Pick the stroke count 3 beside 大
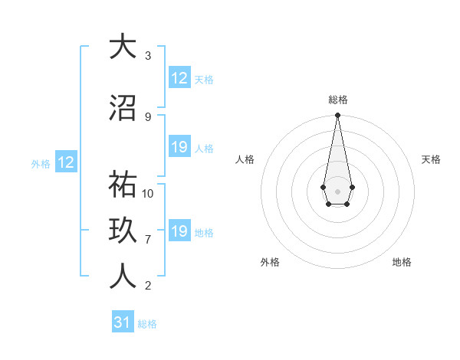point(148,56)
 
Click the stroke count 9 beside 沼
point(148,117)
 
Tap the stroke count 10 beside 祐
point(148,193)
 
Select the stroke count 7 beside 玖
point(148,240)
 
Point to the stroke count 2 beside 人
point(148,286)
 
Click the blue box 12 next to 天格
point(179,78)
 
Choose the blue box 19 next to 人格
point(179,148)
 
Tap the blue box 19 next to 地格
point(179,232)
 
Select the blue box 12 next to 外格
point(65,162)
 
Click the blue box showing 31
point(123,322)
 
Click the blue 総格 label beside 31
point(147,324)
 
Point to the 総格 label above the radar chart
point(337,100)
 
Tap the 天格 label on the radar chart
point(431,159)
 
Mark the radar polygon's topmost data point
point(337,116)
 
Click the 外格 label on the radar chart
point(270,262)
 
